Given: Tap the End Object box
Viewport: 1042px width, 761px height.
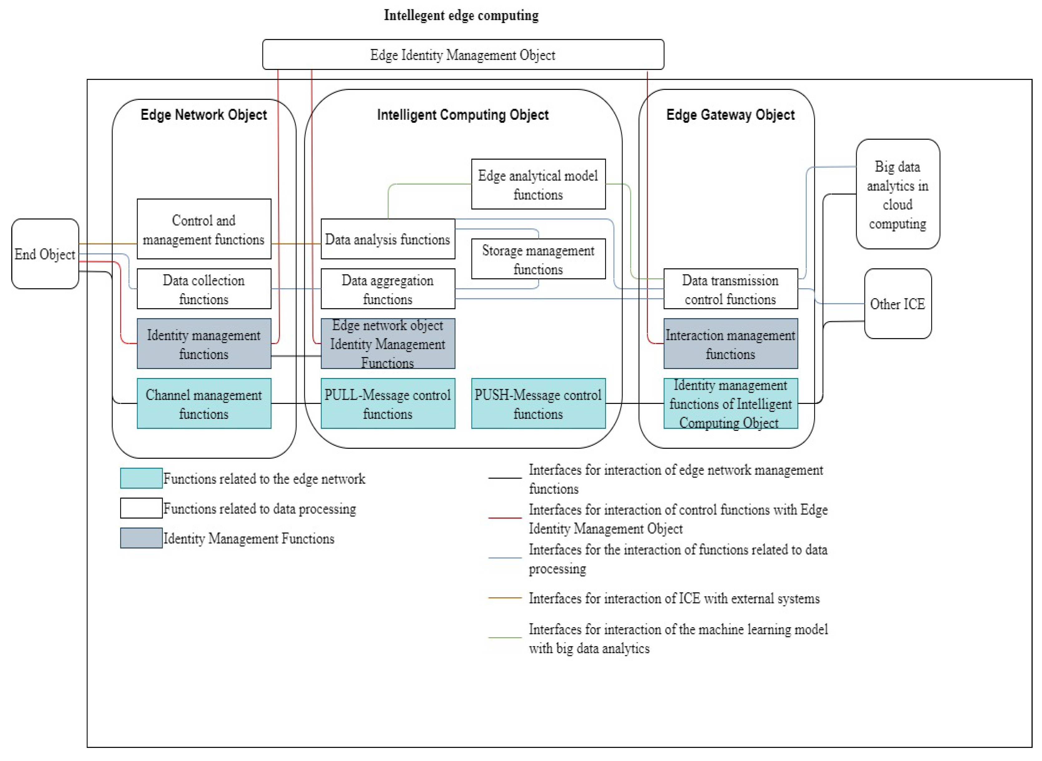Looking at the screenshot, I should pos(45,254).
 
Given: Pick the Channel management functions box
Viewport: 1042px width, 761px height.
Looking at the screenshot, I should pos(204,404).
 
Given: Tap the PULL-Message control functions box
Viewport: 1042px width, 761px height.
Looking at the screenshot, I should pos(388,404).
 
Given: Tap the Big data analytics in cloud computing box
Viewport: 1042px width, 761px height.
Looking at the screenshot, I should pos(897,194).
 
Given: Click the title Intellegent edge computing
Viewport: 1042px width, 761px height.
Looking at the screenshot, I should pos(461,15).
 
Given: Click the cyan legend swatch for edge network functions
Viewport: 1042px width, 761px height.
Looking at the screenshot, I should pos(141,478).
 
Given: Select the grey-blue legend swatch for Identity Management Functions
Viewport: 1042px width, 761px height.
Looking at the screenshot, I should pos(141,538).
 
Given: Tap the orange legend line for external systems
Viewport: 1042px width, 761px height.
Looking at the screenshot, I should pos(505,598).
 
